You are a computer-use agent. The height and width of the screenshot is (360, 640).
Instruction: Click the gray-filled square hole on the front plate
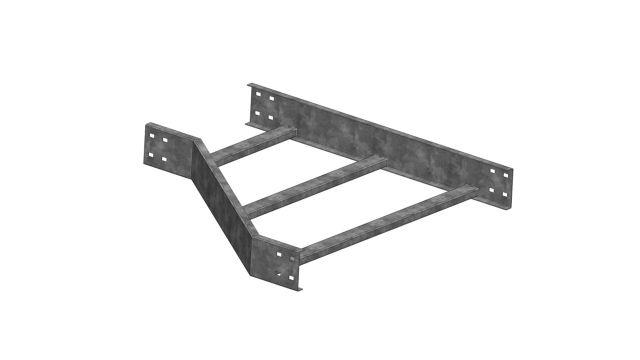[292, 258]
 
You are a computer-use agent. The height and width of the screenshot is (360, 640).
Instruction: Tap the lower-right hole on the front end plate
[291, 277]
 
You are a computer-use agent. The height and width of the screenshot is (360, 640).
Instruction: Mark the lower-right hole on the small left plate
[164, 159]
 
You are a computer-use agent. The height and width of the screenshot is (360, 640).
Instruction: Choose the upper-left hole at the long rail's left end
[258, 93]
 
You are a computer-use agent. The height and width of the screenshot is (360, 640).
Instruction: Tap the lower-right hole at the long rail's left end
[270, 117]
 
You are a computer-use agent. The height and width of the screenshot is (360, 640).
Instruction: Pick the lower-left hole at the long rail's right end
[492, 190]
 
